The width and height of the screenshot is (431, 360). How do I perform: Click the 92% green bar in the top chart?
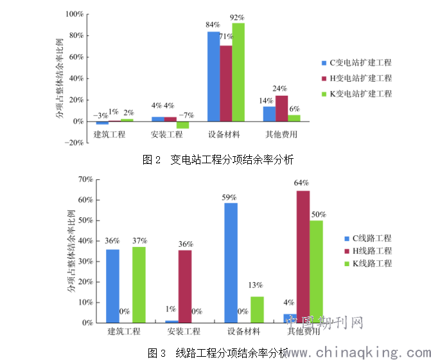238,72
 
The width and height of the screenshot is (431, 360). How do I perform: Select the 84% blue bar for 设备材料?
213,76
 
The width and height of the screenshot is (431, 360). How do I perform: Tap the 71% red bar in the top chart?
226,84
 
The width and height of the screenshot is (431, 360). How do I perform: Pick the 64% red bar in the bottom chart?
303,256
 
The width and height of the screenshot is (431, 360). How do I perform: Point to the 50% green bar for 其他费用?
316,271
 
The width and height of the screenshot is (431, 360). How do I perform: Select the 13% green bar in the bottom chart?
257,309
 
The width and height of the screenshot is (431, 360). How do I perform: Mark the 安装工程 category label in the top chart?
167,134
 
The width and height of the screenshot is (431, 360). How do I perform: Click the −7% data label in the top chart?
185,116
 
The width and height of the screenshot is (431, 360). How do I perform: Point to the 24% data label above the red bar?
280,89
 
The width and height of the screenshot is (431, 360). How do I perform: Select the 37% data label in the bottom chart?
139,240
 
